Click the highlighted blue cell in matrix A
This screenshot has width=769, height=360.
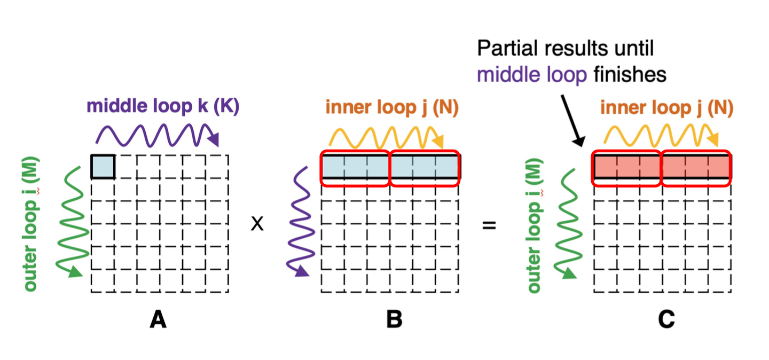pos(103,166)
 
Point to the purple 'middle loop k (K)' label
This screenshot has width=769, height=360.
pos(163,107)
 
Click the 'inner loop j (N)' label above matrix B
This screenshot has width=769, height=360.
pos(392,108)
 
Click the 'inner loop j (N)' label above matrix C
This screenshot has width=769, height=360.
pos(666,108)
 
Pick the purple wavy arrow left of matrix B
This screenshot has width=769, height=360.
pos(300,222)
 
